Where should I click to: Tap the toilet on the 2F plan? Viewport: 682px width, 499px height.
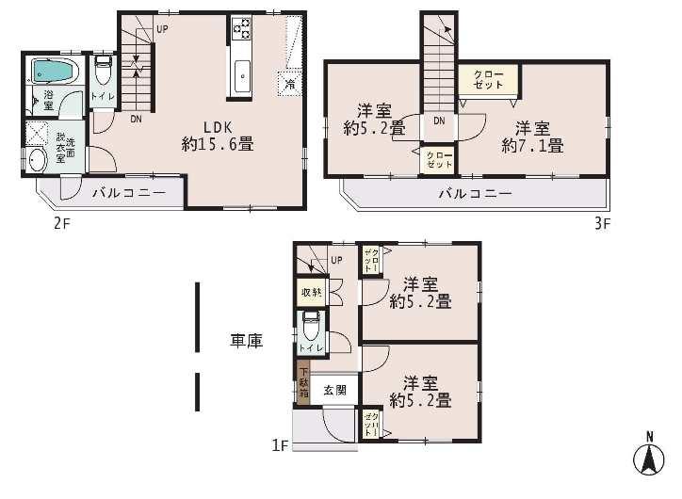(x=104, y=71)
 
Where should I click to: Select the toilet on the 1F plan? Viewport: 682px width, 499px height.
(x=311, y=330)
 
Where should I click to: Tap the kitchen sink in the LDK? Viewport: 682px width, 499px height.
(x=241, y=73)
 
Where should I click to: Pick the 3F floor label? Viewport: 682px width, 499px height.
(x=603, y=224)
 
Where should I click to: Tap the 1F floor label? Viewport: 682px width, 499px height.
(x=280, y=444)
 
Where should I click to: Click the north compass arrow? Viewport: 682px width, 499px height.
(x=648, y=459)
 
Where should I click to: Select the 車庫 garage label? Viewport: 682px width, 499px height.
(x=246, y=342)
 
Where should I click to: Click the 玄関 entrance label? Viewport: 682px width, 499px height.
(x=335, y=389)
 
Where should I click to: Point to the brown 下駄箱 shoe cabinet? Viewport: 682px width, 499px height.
(x=303, y=384)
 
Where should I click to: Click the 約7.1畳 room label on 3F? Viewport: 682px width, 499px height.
(x=532, y=137)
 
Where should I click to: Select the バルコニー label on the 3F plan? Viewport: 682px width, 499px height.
(x=475, y=194)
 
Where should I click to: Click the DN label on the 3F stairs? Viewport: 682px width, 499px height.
(x=439, y=121)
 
